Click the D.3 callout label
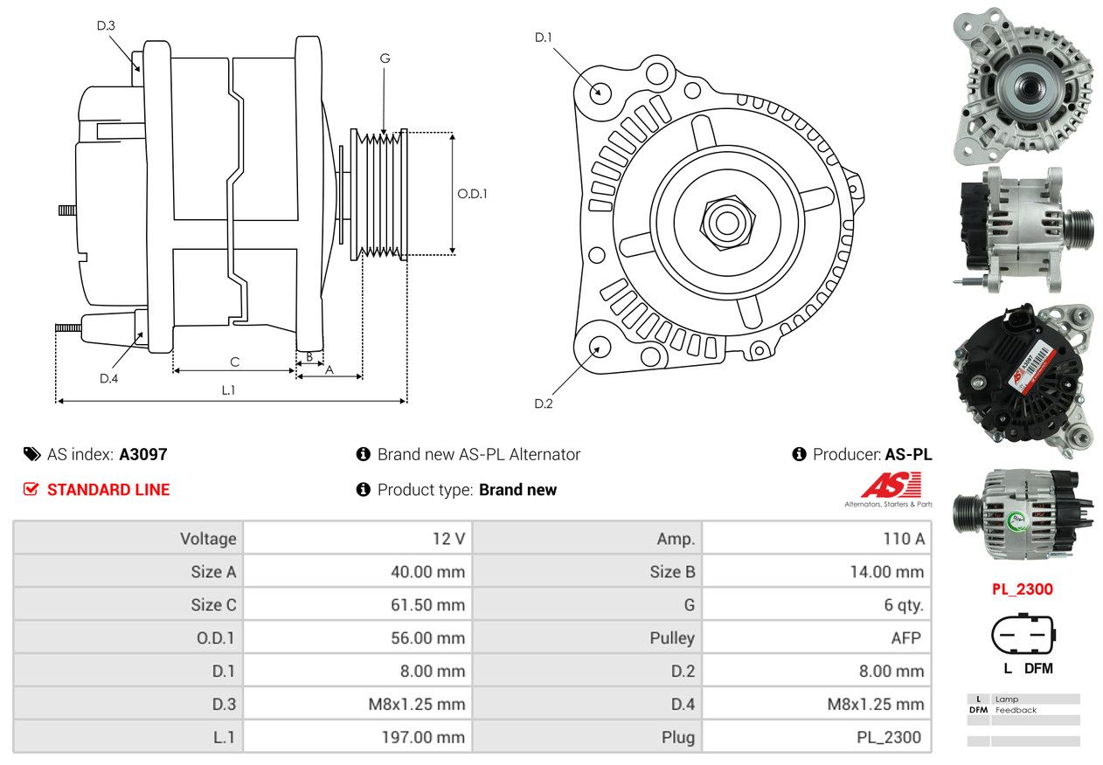(x=106, y=25)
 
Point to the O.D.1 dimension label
(x=472, y=193)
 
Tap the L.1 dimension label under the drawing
(x=227, y=390)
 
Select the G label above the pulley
(x=385, y=59)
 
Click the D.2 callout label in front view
(x=544, y=403)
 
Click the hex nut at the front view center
(x=725, y=221)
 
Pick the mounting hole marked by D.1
(x=600, y=92)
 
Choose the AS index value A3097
(x=142, y=454)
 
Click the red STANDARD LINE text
(x=108, y=490)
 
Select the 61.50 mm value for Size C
(x=427, y=604)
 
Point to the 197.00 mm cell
(x=423, y=737)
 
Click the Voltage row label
(x=208, y=539)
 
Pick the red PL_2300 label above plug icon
(x=1022, y=589)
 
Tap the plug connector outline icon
(x=1022, y=634)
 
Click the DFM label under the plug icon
(x=1037, y=669)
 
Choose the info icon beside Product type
(x=364, y=490)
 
